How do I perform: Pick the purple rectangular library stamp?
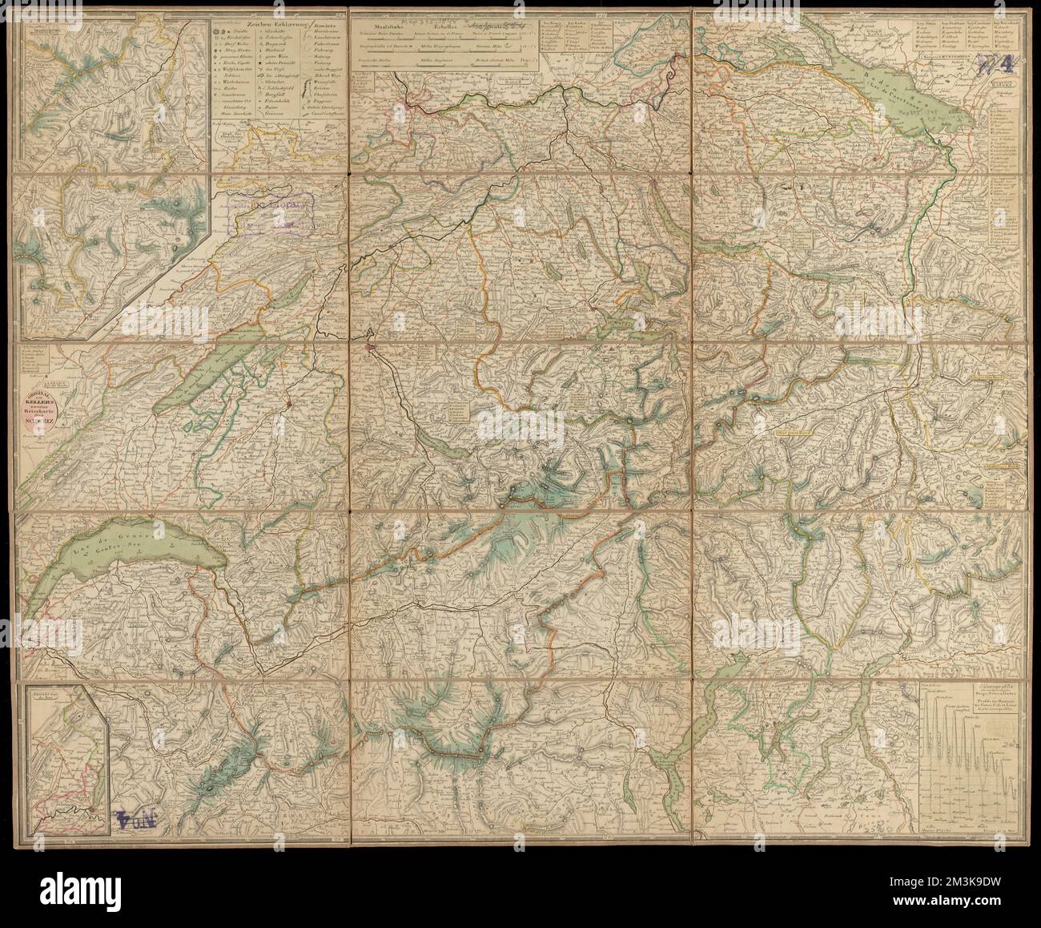point(272,216)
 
